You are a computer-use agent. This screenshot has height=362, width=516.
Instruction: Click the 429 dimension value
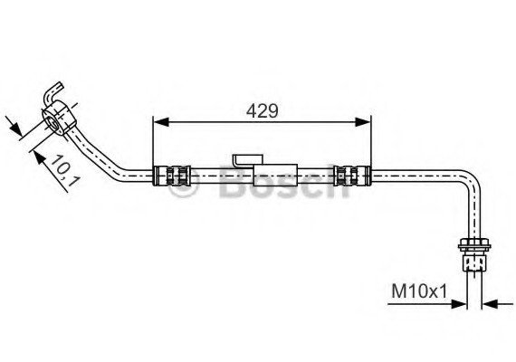(262, 111)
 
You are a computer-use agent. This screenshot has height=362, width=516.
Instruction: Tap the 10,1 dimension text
(65, 171)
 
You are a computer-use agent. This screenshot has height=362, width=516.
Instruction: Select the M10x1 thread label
(419, 291)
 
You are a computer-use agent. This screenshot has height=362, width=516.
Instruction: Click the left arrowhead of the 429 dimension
(161, 122)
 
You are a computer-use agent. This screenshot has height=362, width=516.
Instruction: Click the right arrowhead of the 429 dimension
(363, 122)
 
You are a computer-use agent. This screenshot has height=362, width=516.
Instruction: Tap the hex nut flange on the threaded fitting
(474, 245)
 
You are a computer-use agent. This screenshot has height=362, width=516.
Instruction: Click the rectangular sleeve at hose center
(275, 175)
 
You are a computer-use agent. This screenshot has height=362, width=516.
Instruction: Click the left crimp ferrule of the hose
(172, 176)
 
